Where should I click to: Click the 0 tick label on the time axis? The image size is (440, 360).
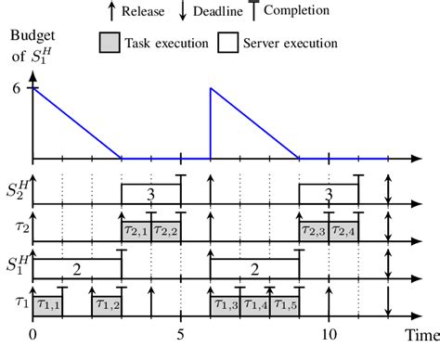33,334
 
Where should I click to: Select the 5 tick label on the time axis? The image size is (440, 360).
181,334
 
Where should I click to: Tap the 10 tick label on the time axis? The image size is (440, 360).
329,334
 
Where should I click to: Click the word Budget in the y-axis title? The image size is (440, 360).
30,37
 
